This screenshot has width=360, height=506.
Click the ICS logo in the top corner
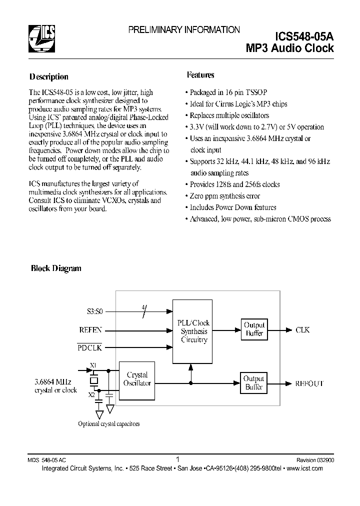pos(42,39)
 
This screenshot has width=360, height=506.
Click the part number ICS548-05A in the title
pos(304,36)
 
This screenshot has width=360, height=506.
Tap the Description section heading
pos(48,77)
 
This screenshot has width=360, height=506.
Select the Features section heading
pos(200,75)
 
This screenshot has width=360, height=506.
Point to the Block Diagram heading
pos(56,268)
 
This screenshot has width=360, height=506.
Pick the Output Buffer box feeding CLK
pos(254,329)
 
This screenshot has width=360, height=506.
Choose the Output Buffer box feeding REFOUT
pos(254,383)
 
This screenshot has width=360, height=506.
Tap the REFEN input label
pos(90,330)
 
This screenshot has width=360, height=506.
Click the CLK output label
pos(302,330)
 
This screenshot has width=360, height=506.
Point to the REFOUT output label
pos(309,383)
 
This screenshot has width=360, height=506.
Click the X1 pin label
pos(93,365)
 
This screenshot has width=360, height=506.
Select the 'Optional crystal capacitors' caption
pos(108,423)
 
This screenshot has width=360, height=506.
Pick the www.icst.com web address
pos(305,468)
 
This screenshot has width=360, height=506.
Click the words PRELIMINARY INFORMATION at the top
pos(183,30)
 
